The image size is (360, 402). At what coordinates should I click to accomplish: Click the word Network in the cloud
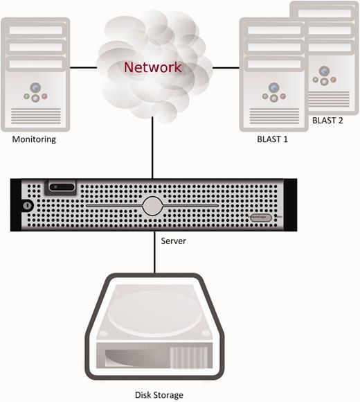pyautogui.click(x=152, y=68)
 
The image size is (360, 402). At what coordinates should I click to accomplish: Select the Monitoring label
pyautogui.click(x=34, y=139)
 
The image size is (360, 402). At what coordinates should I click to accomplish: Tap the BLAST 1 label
pyautogui.click(x=272, y=139)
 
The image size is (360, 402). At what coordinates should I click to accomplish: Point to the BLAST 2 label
pyautogui.click(x=327, y=120)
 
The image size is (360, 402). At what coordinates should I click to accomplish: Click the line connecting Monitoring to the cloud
pyautogui.click(x=82, y=67)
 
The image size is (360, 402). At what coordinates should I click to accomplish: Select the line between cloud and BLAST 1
pyautogui.click(x=226, y=67)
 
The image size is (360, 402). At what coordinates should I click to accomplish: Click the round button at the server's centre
pyautogui.click(x=152, y=206)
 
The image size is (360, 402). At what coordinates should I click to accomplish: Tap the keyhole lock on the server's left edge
pyautogui.click(x=26, y=206)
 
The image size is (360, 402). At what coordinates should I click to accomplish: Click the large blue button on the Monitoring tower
pyautogui.click(x=35, y=89)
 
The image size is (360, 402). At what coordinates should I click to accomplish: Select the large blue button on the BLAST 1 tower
pyautogui.click(x=274, y=88)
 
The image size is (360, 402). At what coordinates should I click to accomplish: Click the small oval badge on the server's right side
pyautogui.click(x=260, y=217)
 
